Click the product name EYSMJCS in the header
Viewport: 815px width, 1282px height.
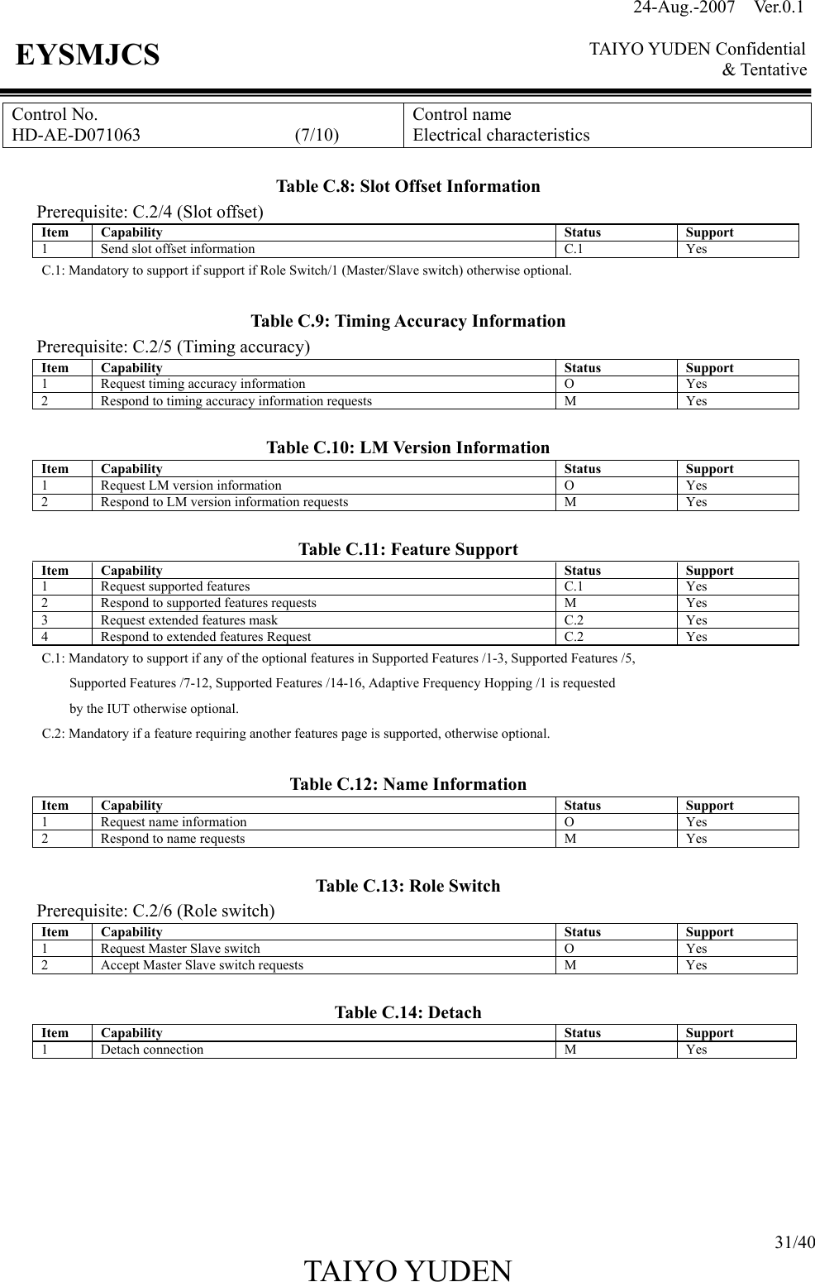[88, 55]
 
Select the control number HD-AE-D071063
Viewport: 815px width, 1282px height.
[76, 136]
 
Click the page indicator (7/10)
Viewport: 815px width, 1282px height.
[317, 136]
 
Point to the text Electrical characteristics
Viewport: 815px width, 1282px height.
[501, 136]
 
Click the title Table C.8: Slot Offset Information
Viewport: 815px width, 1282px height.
[407, 186]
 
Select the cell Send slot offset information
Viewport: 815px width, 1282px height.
[178, 249]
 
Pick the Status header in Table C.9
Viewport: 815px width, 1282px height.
[582, 368]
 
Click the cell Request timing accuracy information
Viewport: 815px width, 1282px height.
[203, 384]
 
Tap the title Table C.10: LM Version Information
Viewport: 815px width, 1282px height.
[407, 447]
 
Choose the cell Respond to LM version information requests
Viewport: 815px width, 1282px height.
[224, 502]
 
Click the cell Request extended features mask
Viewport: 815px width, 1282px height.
[189, 620]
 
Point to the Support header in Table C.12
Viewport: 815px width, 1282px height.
[709, 806]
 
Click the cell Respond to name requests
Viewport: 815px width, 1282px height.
[173, 839]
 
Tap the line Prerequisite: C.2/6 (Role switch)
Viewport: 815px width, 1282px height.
[156, 911]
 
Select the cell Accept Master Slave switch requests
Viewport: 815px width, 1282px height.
[202, 965]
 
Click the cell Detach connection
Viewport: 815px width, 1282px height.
[152, 1050]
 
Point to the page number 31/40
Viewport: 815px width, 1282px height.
[794, 1241]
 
